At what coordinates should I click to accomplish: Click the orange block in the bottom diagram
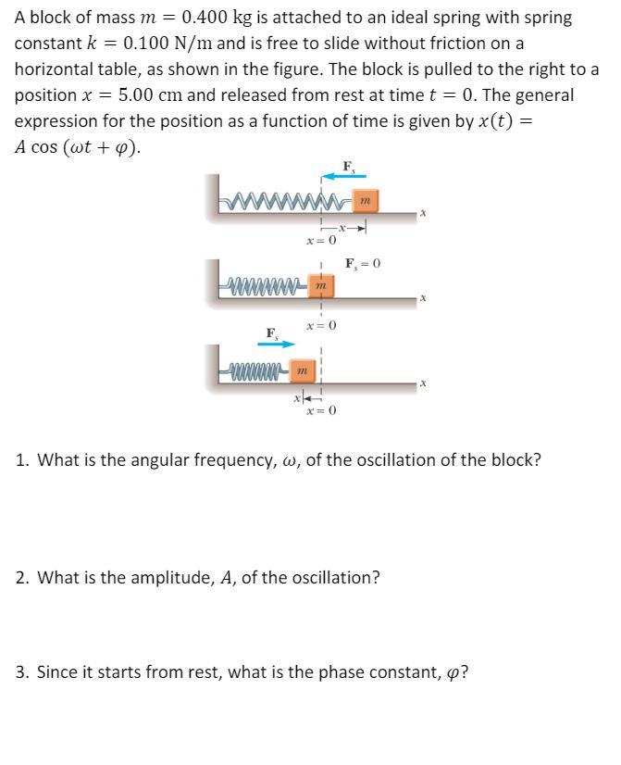[300, 371]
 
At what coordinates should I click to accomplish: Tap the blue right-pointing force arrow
[277, 345]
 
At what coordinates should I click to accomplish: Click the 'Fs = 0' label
[363, 263]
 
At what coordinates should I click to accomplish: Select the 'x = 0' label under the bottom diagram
[320, 409]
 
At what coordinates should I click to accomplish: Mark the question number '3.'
[22, 672]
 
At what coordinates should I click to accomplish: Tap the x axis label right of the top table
[422, 214]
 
